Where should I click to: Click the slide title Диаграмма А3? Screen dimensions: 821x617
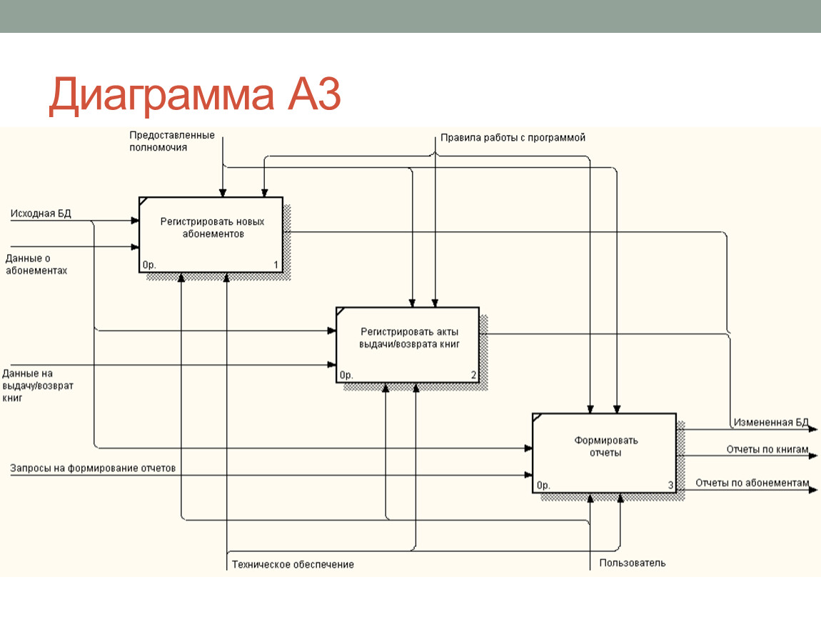coord(195,95)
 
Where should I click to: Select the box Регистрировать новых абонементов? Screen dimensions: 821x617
coord(211,235)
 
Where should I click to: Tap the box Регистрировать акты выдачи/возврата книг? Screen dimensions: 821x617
coord(408,345)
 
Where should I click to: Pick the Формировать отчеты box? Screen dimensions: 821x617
coord(604,453)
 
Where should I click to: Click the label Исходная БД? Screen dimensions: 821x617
coord(41,214)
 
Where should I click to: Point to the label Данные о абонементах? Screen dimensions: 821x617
coord(36,264)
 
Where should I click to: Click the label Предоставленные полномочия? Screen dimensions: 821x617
coord(172,141)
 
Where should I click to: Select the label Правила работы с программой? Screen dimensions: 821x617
coord(513,138)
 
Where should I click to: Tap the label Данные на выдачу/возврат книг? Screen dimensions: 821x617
coord(38,386)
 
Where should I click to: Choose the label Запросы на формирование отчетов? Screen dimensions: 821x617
coord(93,468)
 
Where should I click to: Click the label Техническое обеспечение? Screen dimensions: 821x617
coord(293,565)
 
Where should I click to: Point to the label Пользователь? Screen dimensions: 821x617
coord(633,563)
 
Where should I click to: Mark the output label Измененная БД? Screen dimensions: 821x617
coord(771,422)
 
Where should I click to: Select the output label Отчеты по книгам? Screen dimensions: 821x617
coord(767,449)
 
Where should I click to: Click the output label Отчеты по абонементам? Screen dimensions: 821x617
coord(752,483)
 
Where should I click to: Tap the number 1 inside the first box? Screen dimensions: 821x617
coord(276,265)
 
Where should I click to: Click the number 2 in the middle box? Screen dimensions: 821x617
coord(473,375)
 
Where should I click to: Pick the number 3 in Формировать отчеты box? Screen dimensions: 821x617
coord(670,485)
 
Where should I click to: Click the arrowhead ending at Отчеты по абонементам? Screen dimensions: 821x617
coord(813,490)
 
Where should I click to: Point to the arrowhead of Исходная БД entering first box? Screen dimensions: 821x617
coord(135,221)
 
